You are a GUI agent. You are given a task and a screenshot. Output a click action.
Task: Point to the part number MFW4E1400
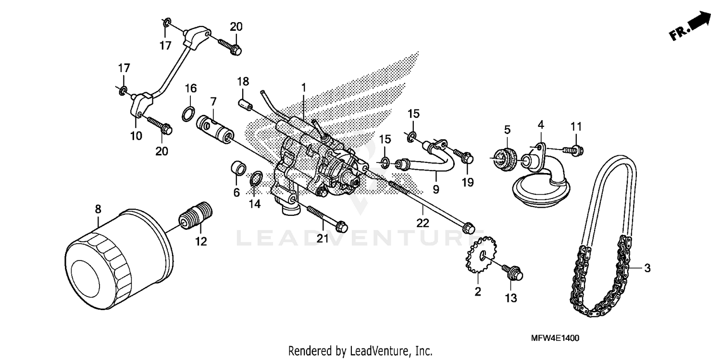coord(555,338)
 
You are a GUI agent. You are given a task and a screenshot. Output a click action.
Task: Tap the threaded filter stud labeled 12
coord(196,217)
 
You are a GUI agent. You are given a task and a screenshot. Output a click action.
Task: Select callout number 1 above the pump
coord(304,87)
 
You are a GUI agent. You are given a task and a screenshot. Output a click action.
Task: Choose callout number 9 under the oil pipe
coord(435,189)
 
